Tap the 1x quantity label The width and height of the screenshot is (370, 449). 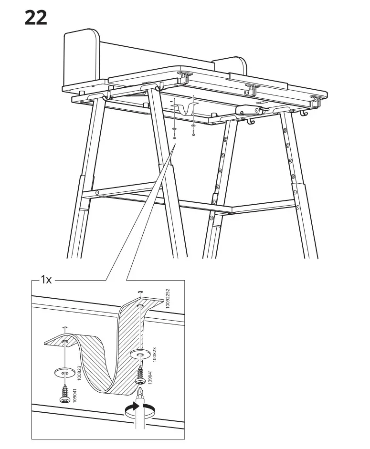coord(46,280)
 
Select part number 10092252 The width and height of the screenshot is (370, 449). coord(167,299)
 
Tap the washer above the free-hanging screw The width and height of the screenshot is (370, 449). coord(64,372)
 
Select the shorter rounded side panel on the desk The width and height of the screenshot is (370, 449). coord(229,65)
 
